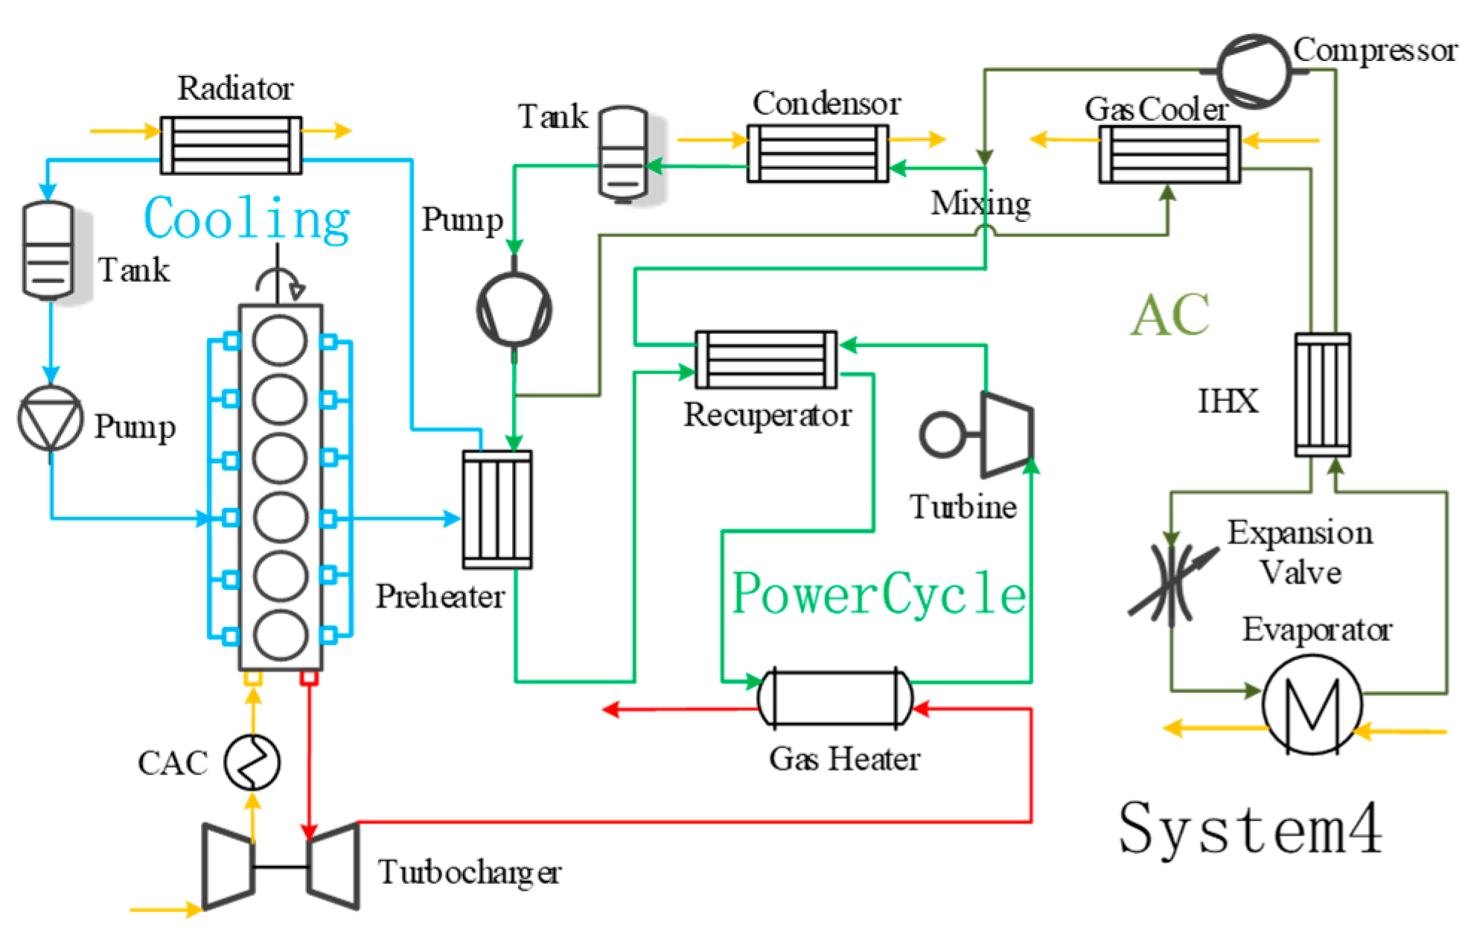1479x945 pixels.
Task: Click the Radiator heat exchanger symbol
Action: (x=231, y=145)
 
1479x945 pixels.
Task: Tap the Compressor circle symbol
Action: (x=1255, y=71)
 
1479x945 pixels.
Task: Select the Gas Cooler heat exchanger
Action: (x=1169, y=154)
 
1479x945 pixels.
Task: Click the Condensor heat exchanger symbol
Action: (x=817, y=153)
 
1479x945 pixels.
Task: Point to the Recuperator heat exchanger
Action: (x=766, y=360)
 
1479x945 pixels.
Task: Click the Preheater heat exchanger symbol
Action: (x=497, y=509)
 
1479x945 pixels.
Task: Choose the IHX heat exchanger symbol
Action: (x=1323, y=395)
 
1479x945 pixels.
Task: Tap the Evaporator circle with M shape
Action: (x=1312, y=704)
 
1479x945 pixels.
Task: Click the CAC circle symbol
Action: (x=253, y=762)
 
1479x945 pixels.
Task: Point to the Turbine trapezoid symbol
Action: (x=1007, y=435)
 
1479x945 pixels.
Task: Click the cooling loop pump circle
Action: (x=51, y=419)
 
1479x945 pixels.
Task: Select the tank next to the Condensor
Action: (x=624, y=153)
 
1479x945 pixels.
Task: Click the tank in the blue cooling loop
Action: (x=49, y=250)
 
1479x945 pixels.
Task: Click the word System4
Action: (x=1250, y=828)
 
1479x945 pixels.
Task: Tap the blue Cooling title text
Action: (x=246, y=219)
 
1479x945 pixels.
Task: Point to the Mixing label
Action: (x=980, y=203)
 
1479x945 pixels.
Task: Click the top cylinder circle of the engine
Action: (x=280, y=340)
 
